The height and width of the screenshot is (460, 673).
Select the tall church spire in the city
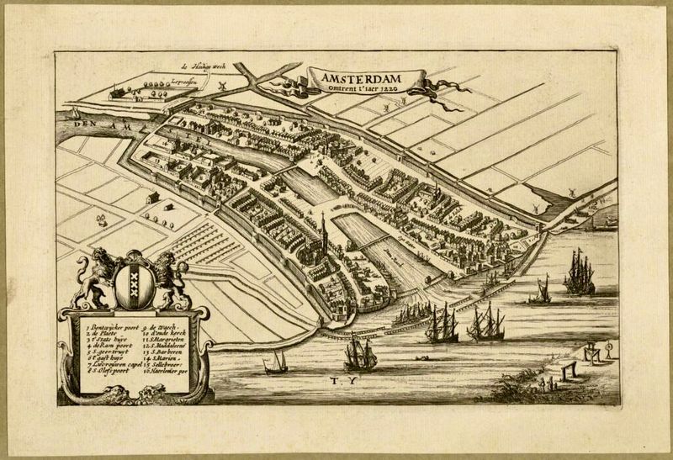(323, 227)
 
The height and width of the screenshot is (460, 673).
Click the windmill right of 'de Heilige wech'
(224, 86)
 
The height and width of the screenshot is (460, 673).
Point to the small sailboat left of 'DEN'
(75, 114)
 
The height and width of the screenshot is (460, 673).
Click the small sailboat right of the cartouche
(275, 362)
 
